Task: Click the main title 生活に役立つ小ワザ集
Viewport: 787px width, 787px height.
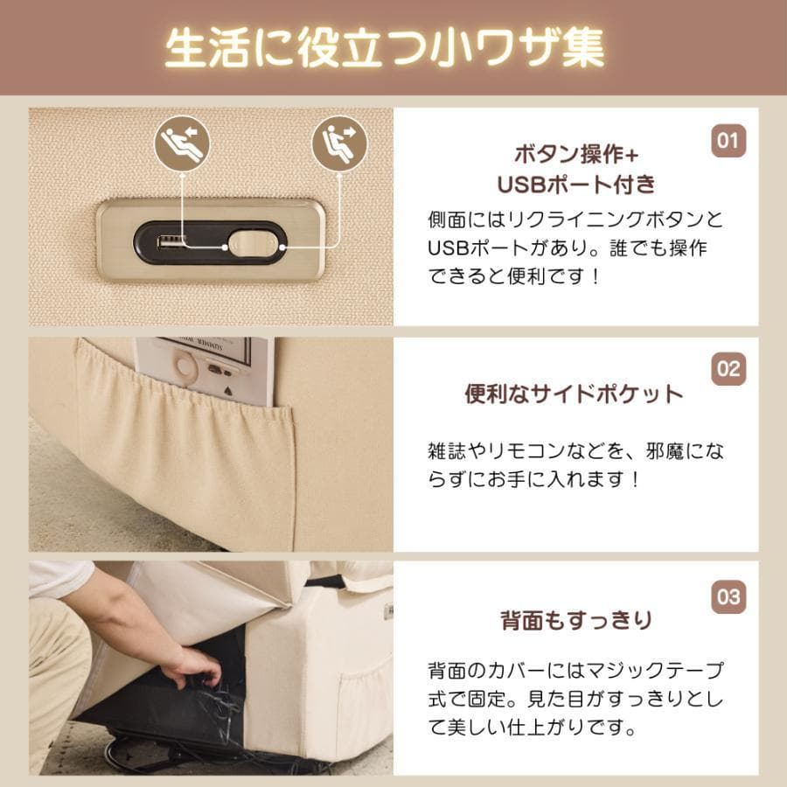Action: coord(385,48)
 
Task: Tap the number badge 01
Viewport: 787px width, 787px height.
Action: coord(728,140)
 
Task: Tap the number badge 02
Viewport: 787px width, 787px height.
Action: coord(728,368)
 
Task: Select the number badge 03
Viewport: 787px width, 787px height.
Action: coord(728,597)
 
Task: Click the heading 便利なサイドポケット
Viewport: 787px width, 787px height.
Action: coord(573,394)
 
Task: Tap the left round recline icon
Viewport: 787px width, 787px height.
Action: coord(182,142)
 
